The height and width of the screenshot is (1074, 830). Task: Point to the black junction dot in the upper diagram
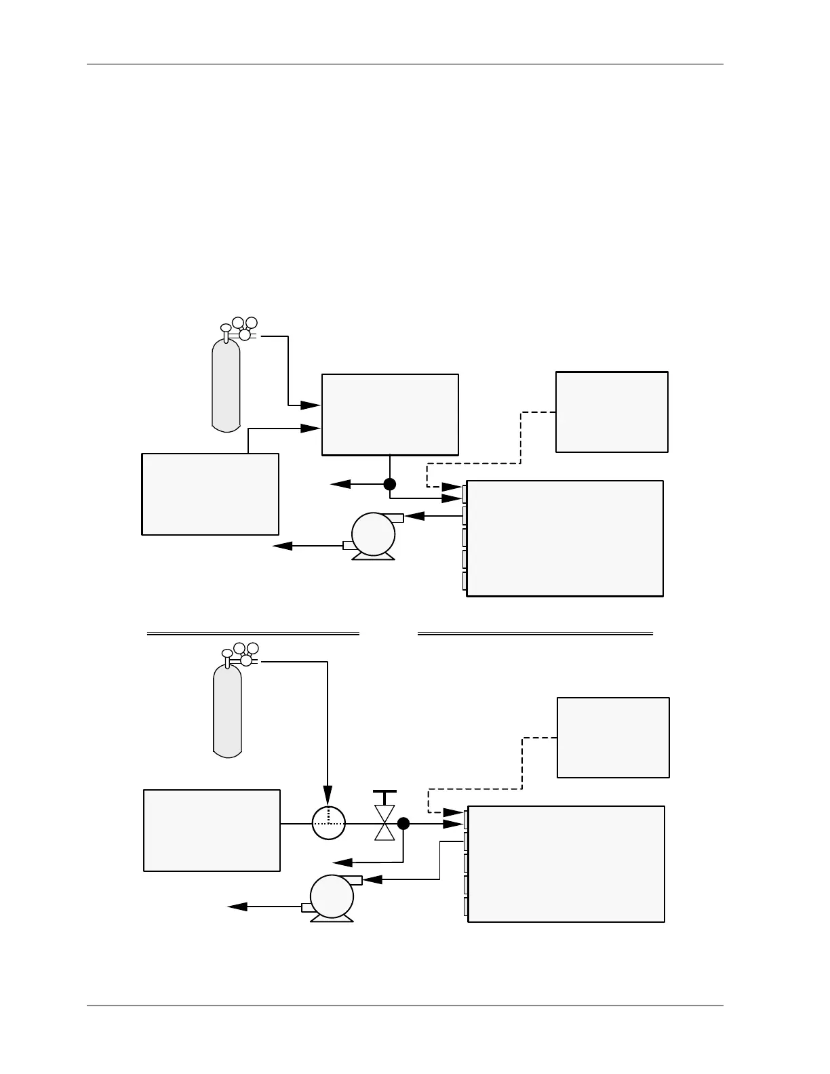coord(389,484)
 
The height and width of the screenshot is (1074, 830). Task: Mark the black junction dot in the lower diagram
coord(403,824)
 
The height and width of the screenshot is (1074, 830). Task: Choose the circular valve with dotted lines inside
coord(329,823)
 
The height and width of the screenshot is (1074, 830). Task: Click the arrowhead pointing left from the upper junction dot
coord(341,484)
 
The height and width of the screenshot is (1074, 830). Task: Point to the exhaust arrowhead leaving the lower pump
coord(238,907)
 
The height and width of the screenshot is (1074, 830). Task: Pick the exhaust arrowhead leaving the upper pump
coord(283,545)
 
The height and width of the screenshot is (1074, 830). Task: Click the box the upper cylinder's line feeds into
coord(390,414)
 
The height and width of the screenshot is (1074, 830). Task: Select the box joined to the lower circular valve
coord(212,830)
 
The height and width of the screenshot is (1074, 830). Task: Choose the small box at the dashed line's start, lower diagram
coord(613,737)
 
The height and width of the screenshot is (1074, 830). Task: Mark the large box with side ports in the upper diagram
coord(565,538)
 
